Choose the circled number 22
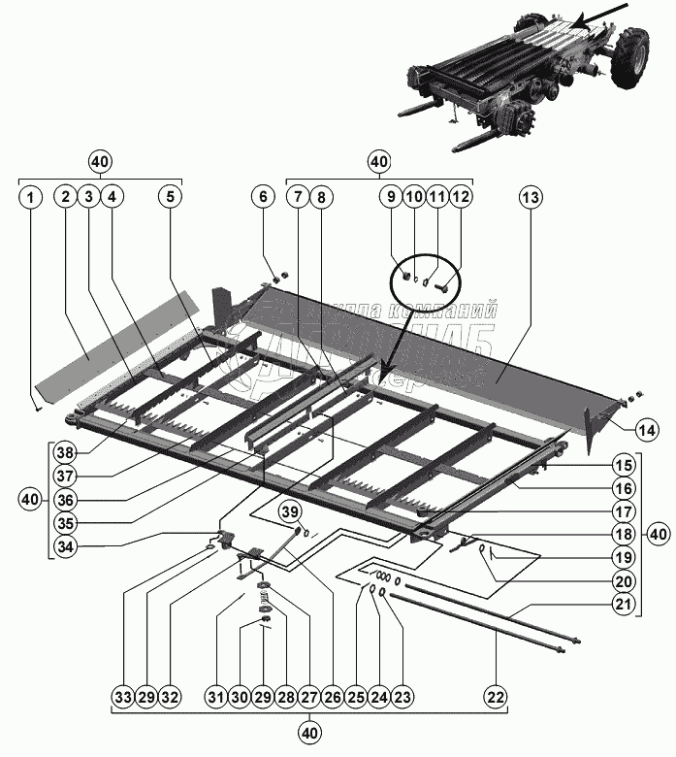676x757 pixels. coord(496,697)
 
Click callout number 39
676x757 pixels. coord(289,511)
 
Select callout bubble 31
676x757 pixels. coord(214,697)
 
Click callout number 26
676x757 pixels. coord(332,697)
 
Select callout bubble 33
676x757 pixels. coord(121,697)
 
